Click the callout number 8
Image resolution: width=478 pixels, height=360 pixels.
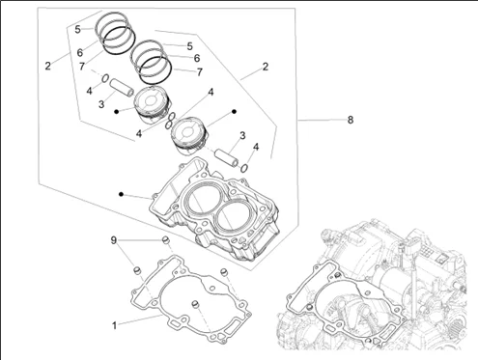point(351,120)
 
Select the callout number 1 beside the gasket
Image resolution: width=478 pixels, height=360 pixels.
point(114,325)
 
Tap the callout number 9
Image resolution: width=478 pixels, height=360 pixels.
point(113,240)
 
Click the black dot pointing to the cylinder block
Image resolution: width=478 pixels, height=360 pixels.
point(121,194)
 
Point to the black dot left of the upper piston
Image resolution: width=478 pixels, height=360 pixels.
point(117,111)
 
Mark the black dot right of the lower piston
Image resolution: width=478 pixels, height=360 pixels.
point(235,111)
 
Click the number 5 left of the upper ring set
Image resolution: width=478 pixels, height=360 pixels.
point(77,29)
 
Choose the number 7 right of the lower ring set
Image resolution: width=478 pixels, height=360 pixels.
point(200,72)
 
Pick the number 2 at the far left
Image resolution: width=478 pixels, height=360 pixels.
point(48,66)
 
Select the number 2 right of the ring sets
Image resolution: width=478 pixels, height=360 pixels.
point(265,67)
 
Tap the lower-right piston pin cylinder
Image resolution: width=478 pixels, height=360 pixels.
point(227,157)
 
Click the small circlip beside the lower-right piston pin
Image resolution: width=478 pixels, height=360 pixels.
point(244,168)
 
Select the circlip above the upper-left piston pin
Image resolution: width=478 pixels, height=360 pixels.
point(105,78)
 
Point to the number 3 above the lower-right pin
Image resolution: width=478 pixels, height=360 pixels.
point(242,136)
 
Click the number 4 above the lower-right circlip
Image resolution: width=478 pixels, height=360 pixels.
point(256,147)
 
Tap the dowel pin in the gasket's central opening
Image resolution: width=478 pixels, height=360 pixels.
point(195,304)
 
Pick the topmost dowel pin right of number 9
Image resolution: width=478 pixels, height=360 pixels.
point(165,239)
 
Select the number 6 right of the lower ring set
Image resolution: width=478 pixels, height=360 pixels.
point(197,58)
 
